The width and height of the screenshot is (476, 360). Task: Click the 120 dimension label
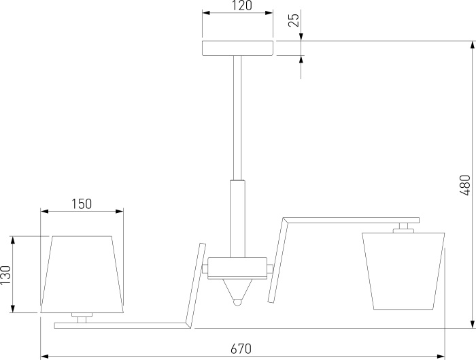[243, 5]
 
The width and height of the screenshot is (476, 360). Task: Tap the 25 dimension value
[294, 20]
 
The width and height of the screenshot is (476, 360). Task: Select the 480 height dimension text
[465, 185]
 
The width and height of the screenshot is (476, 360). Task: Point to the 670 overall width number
[241, 348]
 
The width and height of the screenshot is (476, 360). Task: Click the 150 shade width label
[82, 204]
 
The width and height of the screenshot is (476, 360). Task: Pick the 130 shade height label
[5, 275]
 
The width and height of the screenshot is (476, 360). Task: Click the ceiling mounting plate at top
[238, 48]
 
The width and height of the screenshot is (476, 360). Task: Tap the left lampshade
[82, 274]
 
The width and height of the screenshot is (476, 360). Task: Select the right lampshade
[403, 271]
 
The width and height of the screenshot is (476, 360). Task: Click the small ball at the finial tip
[238, 303]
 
